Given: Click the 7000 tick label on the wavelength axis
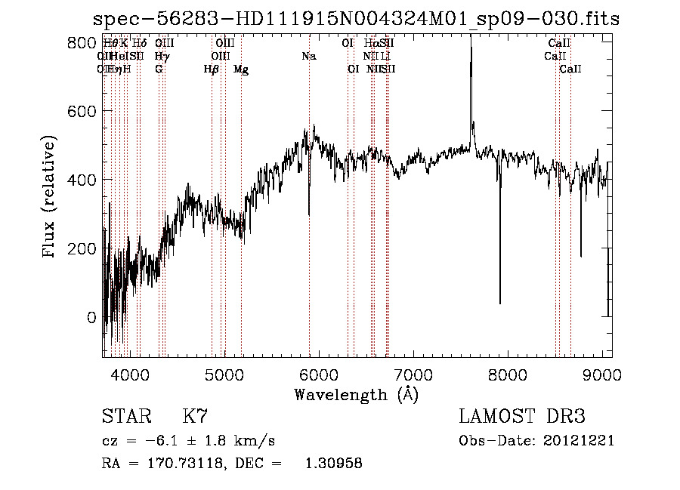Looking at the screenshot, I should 413,374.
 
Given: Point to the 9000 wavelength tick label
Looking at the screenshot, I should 602,374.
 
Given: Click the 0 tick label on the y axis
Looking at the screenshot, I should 91,318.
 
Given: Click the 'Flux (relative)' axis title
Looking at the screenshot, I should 50,197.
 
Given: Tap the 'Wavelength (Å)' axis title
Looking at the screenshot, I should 356,394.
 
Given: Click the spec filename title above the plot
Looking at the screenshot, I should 356,20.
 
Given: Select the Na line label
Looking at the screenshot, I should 308,56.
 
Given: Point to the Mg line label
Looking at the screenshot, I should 241,69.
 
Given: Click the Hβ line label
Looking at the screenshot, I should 212,69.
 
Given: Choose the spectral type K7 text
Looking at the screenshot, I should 195,416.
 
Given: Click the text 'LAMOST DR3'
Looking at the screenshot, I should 521,416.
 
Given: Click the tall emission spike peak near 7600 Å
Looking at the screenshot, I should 471,38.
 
